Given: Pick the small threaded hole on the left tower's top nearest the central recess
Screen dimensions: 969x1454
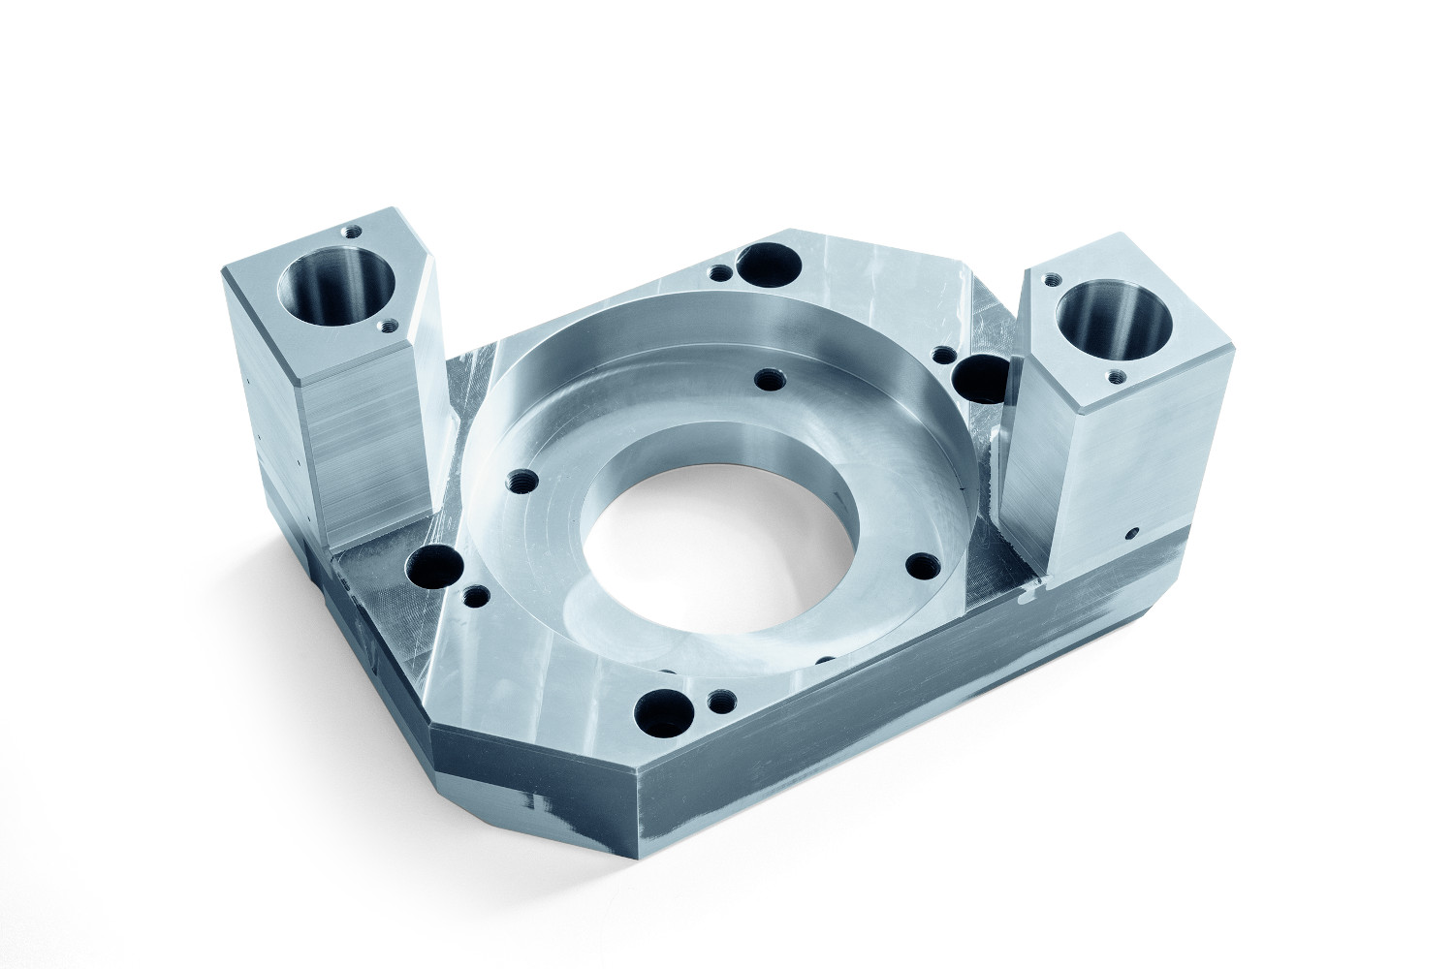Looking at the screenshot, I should pos(391,326).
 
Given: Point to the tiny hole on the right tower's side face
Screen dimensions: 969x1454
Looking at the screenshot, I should pos(1132,532).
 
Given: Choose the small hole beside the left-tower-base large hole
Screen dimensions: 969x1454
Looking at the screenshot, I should pos(474,594).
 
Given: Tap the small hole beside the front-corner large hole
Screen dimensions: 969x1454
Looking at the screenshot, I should pos(718,699).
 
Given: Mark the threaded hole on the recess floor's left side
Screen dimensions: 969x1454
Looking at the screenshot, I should pos(524,480).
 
